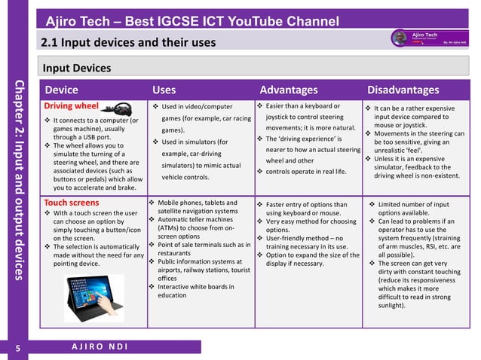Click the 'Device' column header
pyautogui.click(x=61, y=90)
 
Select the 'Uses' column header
pyautogui.click(x=165, y=90)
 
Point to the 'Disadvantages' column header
pyautogui.click(x=403, y=90)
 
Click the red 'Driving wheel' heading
pyautogui.click(x=71, y=106)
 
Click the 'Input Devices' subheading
pyautogui.click(x=76, y=69)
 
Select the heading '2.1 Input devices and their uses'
pyautogui.click(x=129, y=41)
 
